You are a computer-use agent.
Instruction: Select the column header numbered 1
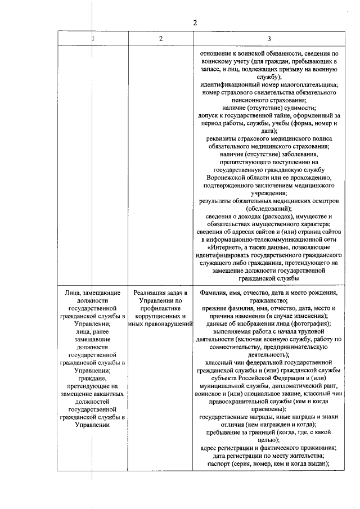click(93, 38)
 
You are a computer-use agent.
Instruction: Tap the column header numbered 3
click(269, 38)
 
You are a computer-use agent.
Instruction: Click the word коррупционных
click(161, 317)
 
